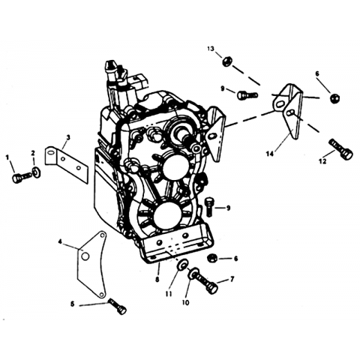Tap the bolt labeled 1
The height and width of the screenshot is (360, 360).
click(21, 178)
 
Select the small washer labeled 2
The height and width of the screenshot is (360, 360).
click(37, 172)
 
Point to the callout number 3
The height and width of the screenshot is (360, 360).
click(68, 137)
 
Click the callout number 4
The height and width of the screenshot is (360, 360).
click(60, 241)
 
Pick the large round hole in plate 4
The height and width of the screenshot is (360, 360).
click(85, 256)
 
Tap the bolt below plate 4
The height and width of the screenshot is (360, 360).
click(117, 306)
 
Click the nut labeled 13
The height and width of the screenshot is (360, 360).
click(227, 61)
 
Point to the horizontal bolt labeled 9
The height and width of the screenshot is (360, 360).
click(247, 95)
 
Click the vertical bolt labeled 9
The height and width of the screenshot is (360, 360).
click(209, 206)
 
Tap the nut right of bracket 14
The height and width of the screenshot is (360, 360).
click(334, 97)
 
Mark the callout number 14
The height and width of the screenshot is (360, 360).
click(269, 154)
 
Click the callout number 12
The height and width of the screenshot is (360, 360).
click(322, 161)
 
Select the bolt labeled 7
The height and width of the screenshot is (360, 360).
click(203, 282)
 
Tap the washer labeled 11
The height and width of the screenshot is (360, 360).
click(181, 264)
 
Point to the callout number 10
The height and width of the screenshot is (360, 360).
click(185, 302)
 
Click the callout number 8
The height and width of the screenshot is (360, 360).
click(157, 280)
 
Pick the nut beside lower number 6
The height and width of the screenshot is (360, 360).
click(213, 258)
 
